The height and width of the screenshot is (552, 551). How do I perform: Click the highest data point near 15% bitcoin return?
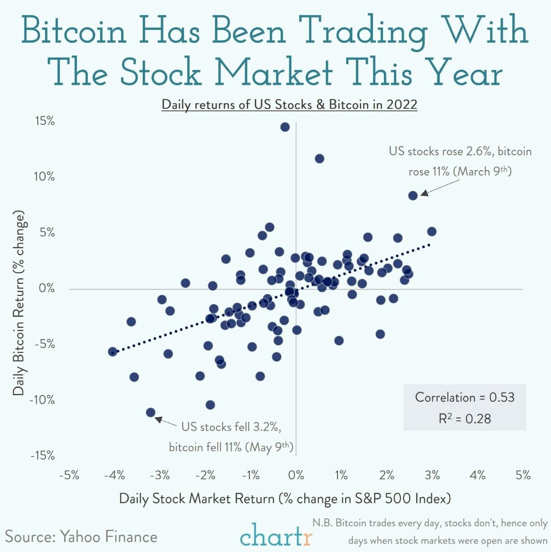285,127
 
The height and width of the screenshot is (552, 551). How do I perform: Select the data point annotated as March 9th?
413,195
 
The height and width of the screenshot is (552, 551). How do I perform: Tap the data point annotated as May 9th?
151,412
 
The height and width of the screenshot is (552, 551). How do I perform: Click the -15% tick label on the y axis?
42,456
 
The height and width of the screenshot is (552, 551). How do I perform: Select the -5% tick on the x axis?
70,475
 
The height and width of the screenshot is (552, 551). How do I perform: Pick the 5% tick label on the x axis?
523,475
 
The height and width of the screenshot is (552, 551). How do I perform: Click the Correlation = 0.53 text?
464,397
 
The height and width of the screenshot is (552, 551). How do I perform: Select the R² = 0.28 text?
464,418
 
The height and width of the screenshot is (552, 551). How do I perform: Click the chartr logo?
276,535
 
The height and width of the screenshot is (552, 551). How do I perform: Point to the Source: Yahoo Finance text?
81,536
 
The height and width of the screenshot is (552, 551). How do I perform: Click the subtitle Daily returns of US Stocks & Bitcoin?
289,105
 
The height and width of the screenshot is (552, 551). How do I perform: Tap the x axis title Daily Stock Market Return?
284,499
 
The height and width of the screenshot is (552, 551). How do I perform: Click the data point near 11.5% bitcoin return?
319,159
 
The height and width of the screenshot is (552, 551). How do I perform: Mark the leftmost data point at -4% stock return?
112,352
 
